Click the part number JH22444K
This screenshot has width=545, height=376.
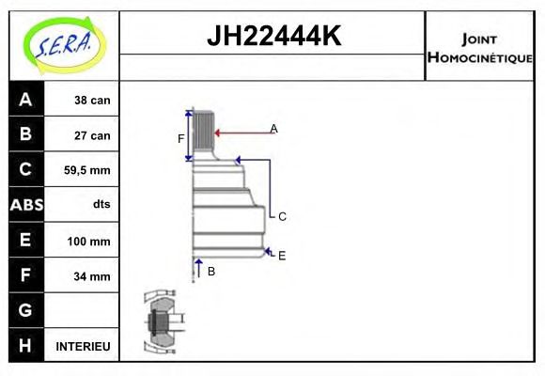pos(272,37)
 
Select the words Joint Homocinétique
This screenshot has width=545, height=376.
pos(479,48)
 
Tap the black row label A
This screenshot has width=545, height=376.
pos(25,100)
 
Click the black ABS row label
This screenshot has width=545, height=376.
pos(25,205)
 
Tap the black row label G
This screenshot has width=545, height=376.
pos(25,310)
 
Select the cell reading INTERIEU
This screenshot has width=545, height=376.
pos(84,346)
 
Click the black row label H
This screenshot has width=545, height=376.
pos(25,346)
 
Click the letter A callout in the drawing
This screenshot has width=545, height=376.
pos(273,128)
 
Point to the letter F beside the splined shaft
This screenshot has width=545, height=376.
pos(181,139)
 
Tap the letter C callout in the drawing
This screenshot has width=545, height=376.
pos(282,216)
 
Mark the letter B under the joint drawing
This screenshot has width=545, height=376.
pos(211,271)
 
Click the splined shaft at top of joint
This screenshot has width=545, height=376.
pos(203,134)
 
